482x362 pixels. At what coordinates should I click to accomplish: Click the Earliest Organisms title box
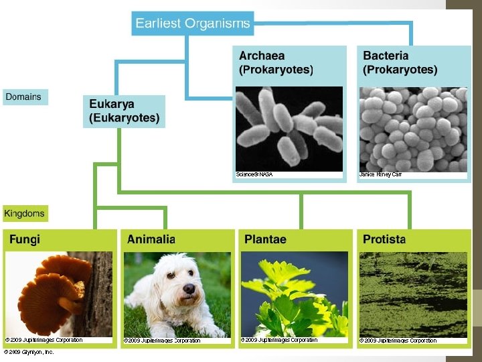(x=192, y=23)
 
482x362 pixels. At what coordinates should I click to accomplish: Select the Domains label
(x=23, y=97)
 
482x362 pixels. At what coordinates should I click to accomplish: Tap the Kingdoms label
(x=25, y=214)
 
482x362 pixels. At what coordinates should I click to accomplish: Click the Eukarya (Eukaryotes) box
(x=124, y=111)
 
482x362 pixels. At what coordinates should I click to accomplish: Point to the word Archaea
(x=261, y=56)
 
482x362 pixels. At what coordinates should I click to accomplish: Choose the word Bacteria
(x=385, y=56)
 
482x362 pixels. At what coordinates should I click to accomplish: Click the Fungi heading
(x=24, y=239)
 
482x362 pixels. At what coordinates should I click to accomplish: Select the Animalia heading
(x=151, y=239)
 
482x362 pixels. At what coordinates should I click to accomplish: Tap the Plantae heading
(x=265, y=239)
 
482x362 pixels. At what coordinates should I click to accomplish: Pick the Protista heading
(x=384, y=239)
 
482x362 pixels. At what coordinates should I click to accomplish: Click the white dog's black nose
(x=189, y=289)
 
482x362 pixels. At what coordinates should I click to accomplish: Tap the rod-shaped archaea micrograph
(x=289, y=129)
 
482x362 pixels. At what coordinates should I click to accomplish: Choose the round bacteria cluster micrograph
(x=412, y=129)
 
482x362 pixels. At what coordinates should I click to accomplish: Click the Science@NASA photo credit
(x=254, y=174)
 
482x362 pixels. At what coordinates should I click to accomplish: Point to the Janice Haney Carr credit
(x=380, y=174)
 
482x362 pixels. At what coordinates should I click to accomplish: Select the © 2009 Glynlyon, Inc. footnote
(x=28, y=351)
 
